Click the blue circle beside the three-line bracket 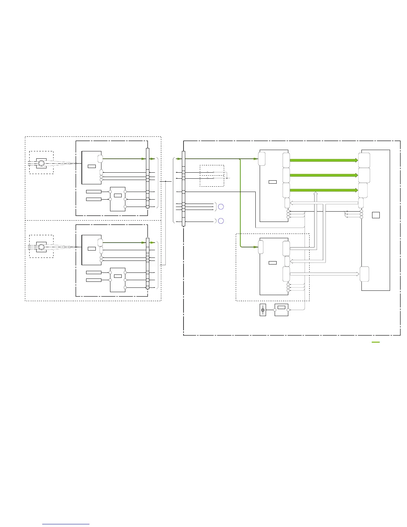(x=221, y=207)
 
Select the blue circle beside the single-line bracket (x=221, y=221)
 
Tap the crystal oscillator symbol (x=263, y=310)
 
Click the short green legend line (x=375, y=342)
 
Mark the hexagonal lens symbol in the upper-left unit (x=41, y=163)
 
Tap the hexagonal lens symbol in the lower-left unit (x=41, y=247)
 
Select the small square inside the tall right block (x=376, y=215)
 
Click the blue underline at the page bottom (x=66, y=524)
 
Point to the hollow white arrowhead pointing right (x=357, y=274)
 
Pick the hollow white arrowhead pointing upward (x=316, y=193)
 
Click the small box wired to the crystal (x=281, y=310)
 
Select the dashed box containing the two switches (x=212, y=176)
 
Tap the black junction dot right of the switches (x=227, y=178)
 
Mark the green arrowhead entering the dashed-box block (x=256, y=247)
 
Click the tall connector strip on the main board (x=183, y=188)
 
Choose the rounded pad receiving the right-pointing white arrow (x=364, y=274)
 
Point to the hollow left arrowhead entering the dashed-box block (x=292, y=262)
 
